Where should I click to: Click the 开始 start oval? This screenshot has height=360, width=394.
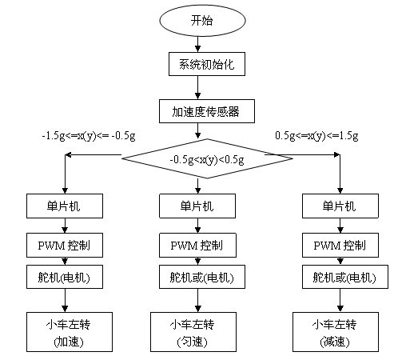[202, 20]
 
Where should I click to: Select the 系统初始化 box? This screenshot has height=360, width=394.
[207, 64]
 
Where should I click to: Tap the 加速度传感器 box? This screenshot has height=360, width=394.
[207, 111]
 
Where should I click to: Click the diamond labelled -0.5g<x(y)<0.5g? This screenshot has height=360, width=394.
[207, 158]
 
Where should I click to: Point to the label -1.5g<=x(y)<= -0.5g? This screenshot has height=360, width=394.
[89, 136]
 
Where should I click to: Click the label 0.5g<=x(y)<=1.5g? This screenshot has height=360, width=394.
[316, 136]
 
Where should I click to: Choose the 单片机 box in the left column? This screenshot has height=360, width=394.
[65, 206]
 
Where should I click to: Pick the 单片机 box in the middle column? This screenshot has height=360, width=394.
[197, 206]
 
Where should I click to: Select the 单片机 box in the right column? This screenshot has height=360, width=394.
[340, 206]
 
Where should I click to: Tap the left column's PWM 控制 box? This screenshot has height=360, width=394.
[65, 246]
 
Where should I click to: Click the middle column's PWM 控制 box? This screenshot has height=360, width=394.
[197, 246]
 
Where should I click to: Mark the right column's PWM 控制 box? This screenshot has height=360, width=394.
[340, 246]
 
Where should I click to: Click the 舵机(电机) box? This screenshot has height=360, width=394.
[65, 277]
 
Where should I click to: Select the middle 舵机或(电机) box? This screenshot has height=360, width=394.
[202, 277]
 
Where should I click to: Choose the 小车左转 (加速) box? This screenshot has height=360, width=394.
[70, 332]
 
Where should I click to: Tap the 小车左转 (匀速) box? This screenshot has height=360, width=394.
[193, 332]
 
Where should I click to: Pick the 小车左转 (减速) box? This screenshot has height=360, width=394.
[336, 332]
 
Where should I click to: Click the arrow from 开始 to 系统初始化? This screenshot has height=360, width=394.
[197, 44]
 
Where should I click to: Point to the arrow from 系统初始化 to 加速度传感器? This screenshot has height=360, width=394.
[197, 88]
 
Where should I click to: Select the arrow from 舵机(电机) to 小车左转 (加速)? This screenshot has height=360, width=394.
[65, 301]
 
